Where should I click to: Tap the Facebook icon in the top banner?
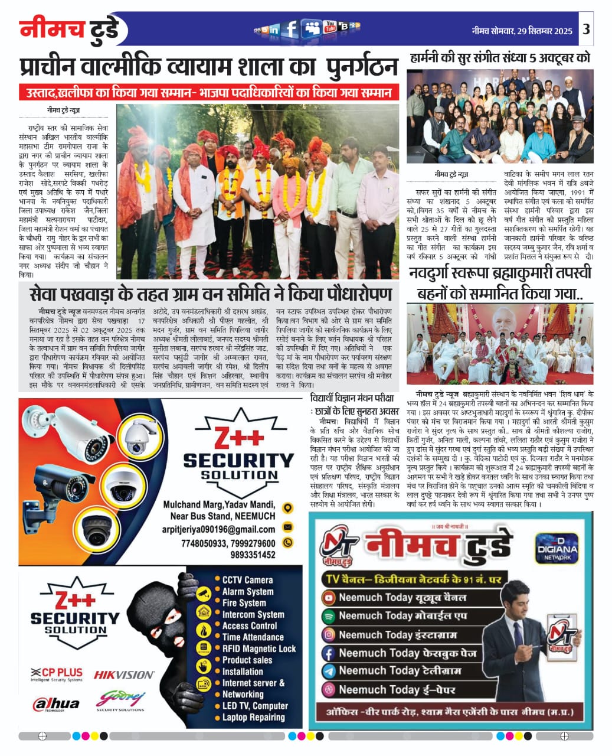(290, 28)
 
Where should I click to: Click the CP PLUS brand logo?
(57, 674)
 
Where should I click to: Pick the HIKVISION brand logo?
(124, 674)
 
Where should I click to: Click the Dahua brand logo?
(57, 703)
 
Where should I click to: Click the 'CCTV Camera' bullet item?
(247, 580)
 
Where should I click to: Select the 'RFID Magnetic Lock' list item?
(258, 649)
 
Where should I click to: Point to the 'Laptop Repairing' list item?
(253, 717)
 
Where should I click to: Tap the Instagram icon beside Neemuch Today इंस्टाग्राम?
(329, 634)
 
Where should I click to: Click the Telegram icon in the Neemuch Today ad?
(329, 671)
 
